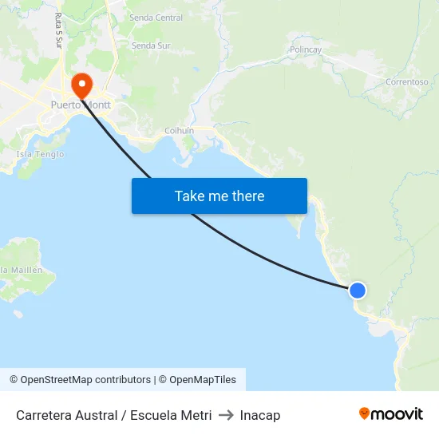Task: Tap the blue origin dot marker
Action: tap(358, 291)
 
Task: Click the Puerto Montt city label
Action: tap(80, 105)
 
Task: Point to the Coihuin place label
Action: tap(179, 131)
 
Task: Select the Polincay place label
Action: tap(306, 49)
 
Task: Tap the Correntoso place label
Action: tap(406, 82)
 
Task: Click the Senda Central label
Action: tap(156, 18)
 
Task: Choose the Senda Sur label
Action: tap(151, 45)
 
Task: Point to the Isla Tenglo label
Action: tap(39, 154)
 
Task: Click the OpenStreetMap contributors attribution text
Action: tap(80, 380)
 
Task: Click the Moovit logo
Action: tap(391, 414)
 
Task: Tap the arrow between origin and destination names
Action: tap(226, 415)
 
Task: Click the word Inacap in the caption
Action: tap(260, 415)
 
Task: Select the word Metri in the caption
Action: tap(196, 415)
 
